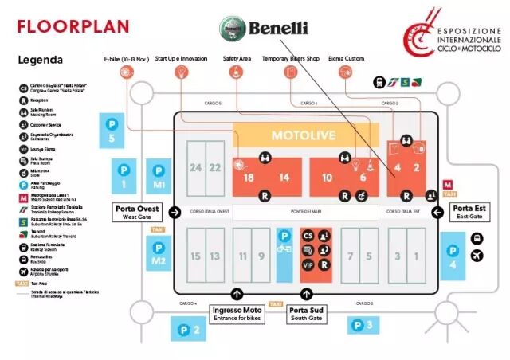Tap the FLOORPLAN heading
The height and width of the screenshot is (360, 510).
tap(73, 26)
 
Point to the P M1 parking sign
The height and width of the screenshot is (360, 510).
tap(159, 178)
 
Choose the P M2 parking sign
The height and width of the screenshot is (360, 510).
tap(159, 252)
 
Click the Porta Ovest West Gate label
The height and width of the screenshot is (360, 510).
tap(137, 213)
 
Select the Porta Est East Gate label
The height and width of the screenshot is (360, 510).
tap(466, 213)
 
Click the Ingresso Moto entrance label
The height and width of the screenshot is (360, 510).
tap(237, 313)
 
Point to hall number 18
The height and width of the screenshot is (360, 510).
tap(249, 178)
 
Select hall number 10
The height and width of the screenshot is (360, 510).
tap(327, 178)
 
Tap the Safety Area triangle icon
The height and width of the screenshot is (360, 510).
tap(237, 72)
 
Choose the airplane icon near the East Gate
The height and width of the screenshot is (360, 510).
tap(477, 256)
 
